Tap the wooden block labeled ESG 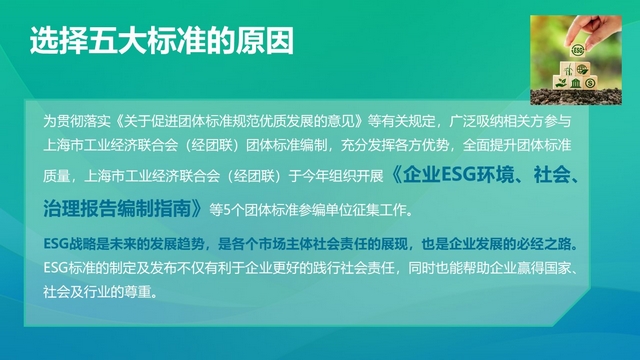point(577,50)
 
